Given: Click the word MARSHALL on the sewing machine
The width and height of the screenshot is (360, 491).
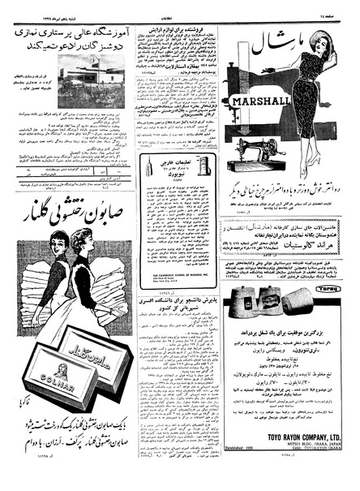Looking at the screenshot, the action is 257,102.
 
